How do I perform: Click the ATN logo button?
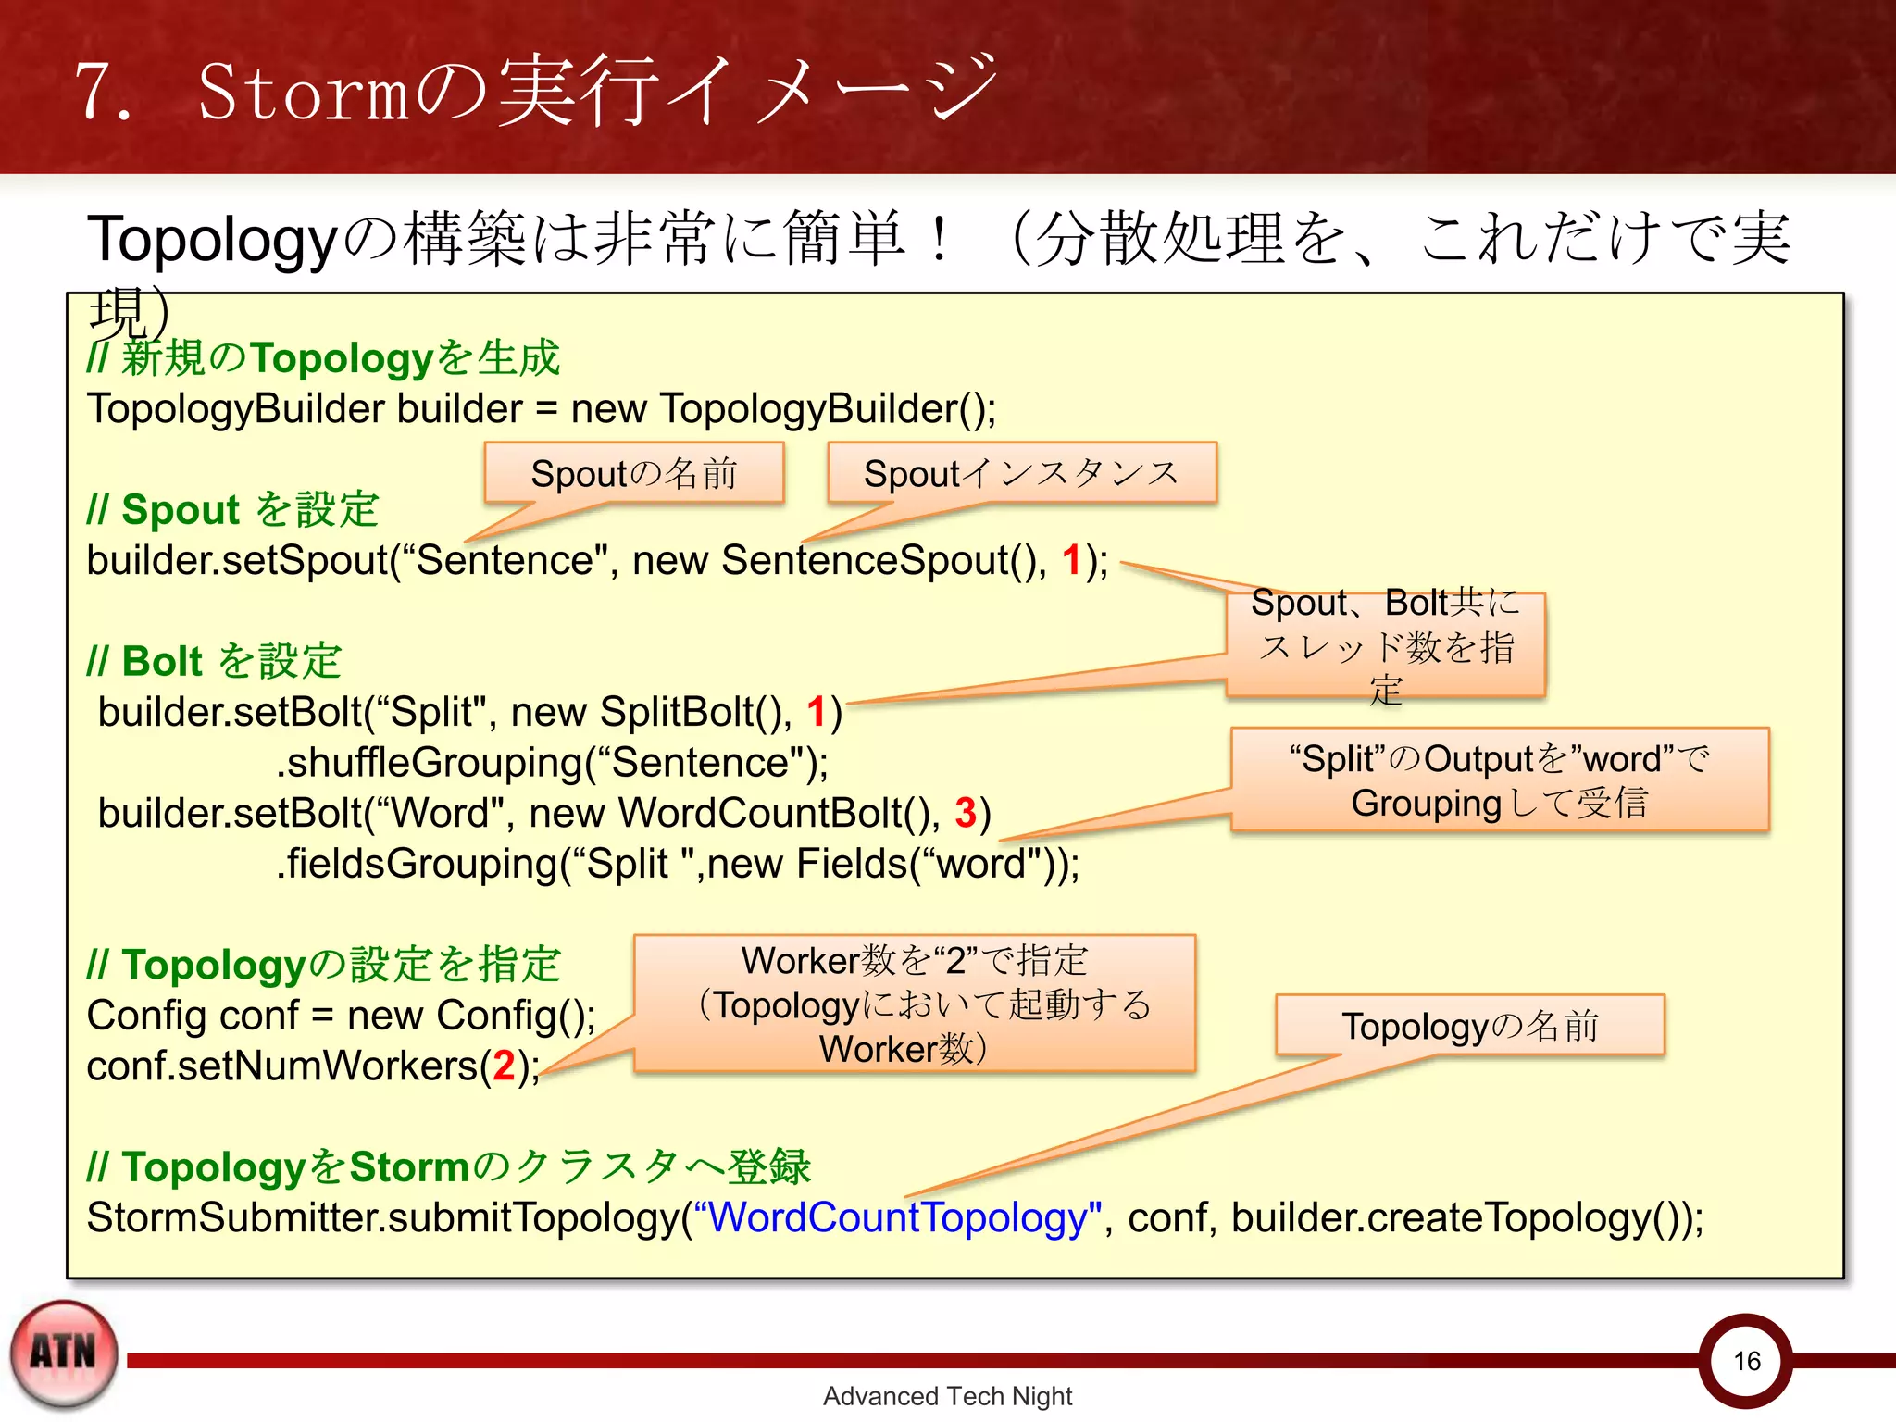[x=64, y=1354]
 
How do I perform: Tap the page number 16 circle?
[x=1746, y=1360]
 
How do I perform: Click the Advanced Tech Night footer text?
[x=947, y=1396]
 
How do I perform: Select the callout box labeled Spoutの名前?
[x=633, y=474]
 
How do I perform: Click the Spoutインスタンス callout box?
[x=1021, y=474]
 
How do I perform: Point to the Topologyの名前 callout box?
[x=1470, y=1026]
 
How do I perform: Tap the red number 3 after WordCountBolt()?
[x=966, y=813]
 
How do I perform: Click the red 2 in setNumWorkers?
[x=504, y=1066]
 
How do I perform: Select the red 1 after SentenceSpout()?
[x=1071, y=560]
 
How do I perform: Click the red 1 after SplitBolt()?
[x=816, y=712]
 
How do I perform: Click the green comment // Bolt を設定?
[x=214, y=661]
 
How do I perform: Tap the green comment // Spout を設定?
[x=232, y=510]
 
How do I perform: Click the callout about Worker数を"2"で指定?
[x=915, y=1004]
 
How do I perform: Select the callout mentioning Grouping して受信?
[x=1500, y=780]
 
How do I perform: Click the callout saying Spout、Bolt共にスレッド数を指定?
[x=1386, y=645]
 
